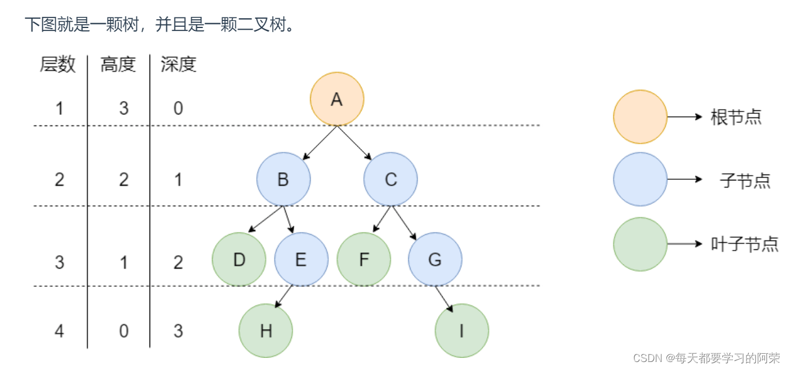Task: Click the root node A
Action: point(336,99)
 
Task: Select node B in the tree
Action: point(283,179)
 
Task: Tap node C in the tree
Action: point(391,179)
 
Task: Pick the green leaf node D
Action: point(239,259)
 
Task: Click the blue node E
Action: point(301,259)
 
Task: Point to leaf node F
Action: point(364,259)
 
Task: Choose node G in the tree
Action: point(435,259)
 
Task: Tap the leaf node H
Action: point(266,331)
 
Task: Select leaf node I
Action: point(461,331)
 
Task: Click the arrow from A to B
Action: point(321,142)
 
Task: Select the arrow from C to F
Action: point(382,219)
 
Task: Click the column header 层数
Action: point(58,64)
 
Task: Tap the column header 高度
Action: point(118,64)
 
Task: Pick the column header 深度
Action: point(179,64)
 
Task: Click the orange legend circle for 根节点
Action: point(640,117)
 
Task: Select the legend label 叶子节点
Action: point(745,243)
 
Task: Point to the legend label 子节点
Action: point(745,180)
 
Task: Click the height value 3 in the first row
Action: point(123,108)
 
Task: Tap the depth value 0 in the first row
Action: point(178,108)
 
